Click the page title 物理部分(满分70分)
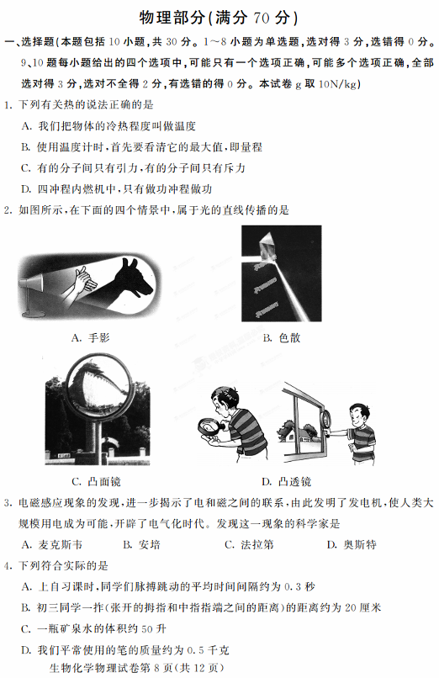219,18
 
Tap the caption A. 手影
90,337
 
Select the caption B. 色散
282,337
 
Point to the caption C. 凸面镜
97,481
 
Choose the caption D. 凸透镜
287,481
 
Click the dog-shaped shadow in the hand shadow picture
133,278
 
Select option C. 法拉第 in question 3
249,544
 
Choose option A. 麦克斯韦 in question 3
52,544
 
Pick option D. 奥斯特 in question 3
352,544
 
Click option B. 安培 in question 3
142,544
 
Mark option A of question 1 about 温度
108,126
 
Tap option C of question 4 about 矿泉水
93,628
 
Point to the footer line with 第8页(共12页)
137,668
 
